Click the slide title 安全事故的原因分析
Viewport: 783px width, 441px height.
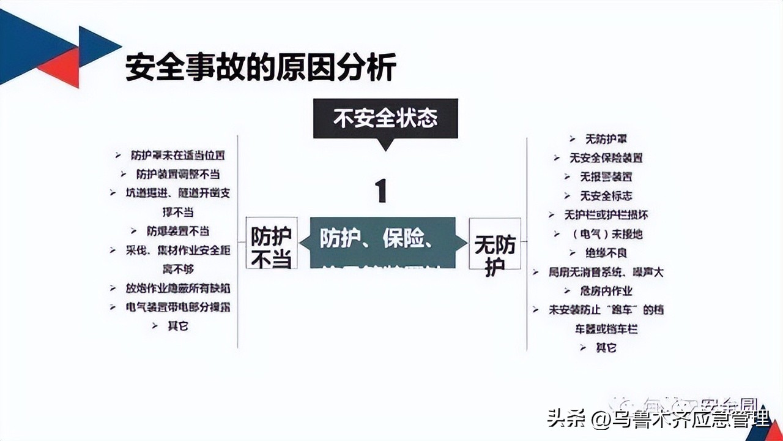coord(261,67)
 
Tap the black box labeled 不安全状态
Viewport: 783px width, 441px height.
coord(385,118)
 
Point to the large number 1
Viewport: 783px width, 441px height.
coord(381,190)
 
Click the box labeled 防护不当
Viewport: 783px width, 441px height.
coord(272,243)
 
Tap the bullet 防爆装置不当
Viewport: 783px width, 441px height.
coord(177,231)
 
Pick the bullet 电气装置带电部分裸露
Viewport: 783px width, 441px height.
coord(177,306)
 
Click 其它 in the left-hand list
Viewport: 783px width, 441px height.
coord(177,325)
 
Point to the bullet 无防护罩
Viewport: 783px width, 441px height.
coord(606,139)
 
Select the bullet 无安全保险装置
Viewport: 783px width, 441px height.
coord(606,158)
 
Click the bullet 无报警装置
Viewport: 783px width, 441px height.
coord(606,177)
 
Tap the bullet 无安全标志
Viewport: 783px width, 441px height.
coord(606,196)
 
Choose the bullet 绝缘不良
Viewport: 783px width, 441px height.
coord(606,252)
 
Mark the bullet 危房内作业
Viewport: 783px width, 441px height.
coord(606,290)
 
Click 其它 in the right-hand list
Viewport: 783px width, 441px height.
coord(606,347)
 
